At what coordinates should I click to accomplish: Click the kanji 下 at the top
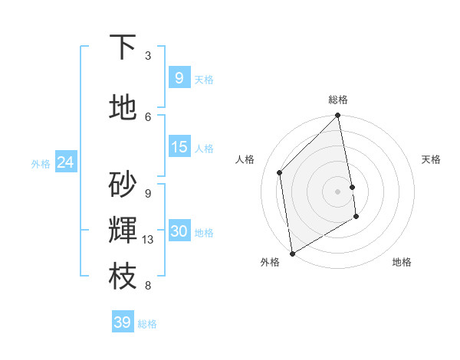point(123,47)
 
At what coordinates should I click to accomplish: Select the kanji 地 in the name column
point(123,108)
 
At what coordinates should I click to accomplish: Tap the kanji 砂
point(123,185)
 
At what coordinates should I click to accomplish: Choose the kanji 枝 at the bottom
point(123,277)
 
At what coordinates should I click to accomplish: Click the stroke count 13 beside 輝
point(148,240)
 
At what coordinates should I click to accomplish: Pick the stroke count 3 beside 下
point(148,56)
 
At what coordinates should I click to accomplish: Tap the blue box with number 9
point(179,77)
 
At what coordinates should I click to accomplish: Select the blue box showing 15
point(179,147)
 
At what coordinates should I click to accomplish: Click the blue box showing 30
point(179,231)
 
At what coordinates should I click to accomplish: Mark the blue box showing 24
point(65,162)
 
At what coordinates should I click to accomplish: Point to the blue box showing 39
point(122,322)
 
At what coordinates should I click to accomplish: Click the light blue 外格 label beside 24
point(41,163)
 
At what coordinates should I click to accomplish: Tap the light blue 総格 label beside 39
point(147,324)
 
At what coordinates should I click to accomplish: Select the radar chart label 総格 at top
point(338,100)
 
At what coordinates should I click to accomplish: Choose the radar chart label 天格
point(432,159)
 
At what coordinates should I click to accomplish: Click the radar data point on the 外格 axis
point(292,254)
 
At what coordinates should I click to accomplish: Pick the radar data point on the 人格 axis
point(280,172)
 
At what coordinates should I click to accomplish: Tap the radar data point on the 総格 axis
point(338,116)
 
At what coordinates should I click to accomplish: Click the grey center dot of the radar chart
point(338,191)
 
